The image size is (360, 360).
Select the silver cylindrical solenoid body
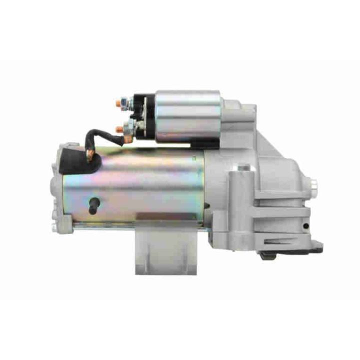[188, 115]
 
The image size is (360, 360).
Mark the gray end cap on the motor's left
[57, 190]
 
